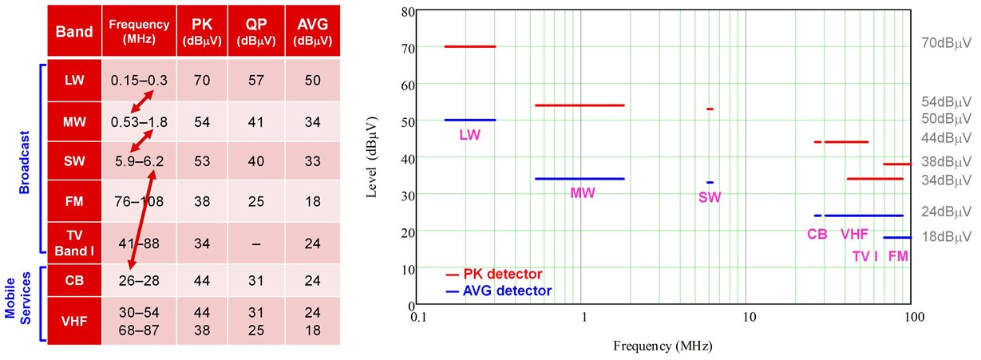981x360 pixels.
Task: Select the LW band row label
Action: pos(73,81)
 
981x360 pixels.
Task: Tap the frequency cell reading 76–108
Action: pos(137,200)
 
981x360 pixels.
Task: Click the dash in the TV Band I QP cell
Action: pos(255,242)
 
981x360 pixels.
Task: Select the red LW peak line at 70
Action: pos(470,46)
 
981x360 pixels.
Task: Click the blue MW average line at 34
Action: pos(580,179)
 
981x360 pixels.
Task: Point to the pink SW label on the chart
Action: pos(709,197)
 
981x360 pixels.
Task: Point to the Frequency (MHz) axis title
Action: pos(662,347)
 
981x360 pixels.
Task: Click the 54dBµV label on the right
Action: pos(945,102)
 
